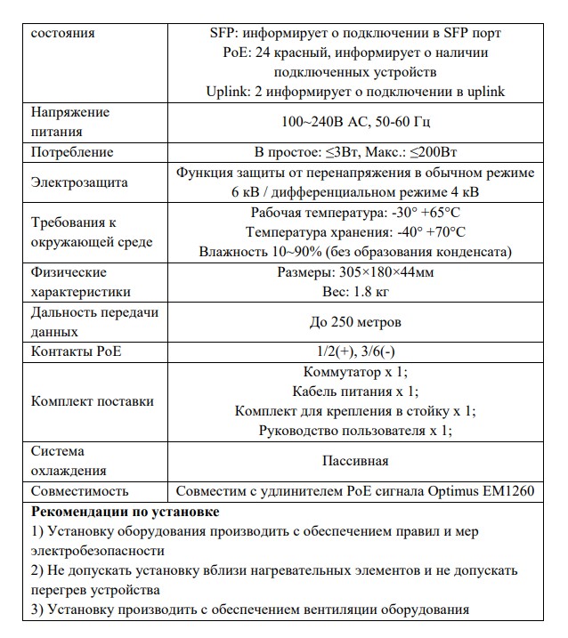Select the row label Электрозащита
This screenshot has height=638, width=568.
79,182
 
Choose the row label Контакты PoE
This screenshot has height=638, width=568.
77,351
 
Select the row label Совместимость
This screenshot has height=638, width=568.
80,490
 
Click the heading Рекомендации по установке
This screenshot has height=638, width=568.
125,512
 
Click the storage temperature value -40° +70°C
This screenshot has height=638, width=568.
431,232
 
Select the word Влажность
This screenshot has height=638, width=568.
231,252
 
